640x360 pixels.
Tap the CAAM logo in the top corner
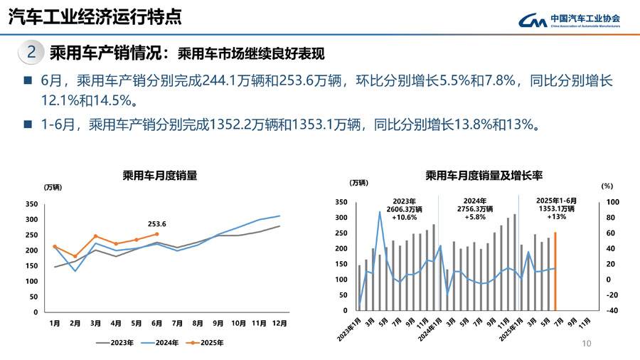(569, 21)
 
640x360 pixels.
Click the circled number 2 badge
(31, 52)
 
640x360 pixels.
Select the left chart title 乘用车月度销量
(160, 175)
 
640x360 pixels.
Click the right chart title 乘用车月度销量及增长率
(484, 175)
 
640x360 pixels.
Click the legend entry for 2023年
(116, 342)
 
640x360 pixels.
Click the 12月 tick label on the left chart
(279, 323)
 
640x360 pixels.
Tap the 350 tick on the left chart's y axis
(31, 204)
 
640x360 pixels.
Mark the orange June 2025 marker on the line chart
(156, 233)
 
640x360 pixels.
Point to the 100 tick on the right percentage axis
(613, 203)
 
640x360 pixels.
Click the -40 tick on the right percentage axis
(613, 311)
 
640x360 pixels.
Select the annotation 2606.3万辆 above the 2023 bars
(403, 209)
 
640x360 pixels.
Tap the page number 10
(587, 344)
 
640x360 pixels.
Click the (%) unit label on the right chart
(607, 186)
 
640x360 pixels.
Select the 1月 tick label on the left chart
(55, 323)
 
